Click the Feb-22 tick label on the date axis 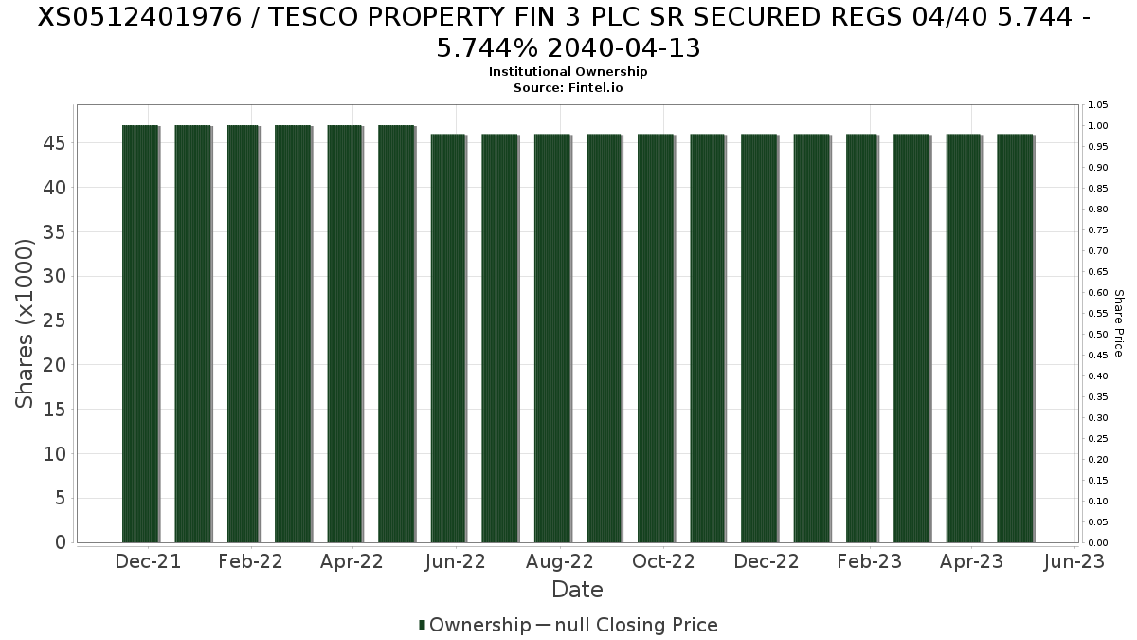point(250,561)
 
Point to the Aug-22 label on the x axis point(560,561)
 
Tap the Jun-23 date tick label point(1074,561)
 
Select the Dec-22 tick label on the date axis point(767,561)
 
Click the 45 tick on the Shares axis point(54,143)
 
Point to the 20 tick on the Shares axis point(54,365)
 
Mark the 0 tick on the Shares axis point(61,542)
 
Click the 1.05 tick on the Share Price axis point(1097,105)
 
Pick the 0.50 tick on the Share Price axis point(1097,335)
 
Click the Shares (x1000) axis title point(26,323)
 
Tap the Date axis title point(577,590)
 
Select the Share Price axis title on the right point(1119,323)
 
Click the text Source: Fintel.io point(568,87)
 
